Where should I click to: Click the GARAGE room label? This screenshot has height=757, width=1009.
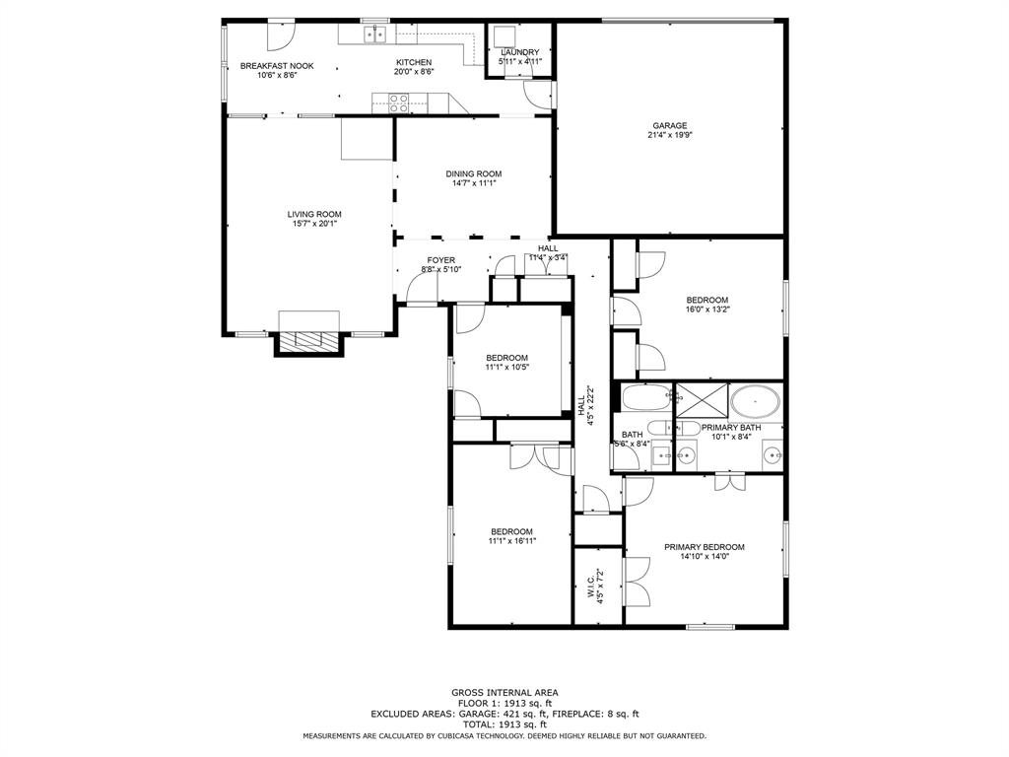coord(669,125)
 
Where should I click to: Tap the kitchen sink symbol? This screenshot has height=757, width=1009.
coord(374,35)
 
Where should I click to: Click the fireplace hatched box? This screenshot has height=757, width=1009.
coord(309,340)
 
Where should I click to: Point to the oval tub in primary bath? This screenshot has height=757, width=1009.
coord(756,401)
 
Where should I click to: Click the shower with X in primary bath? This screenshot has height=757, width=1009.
coord(701,400)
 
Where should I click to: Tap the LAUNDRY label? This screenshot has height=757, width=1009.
coord(519,52)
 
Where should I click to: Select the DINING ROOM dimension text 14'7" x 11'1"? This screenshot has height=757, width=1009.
coord(474,182)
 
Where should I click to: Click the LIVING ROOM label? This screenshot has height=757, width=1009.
coord(314,214)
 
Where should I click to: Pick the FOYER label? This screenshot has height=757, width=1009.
coord(440,260)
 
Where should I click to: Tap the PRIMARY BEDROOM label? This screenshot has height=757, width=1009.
coord(704,547)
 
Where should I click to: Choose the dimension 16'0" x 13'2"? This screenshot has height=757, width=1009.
coord(706,309)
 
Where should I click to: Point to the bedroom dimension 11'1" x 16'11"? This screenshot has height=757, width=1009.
coord(511,540)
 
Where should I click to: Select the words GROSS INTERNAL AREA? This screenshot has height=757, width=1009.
coord(504,693)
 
